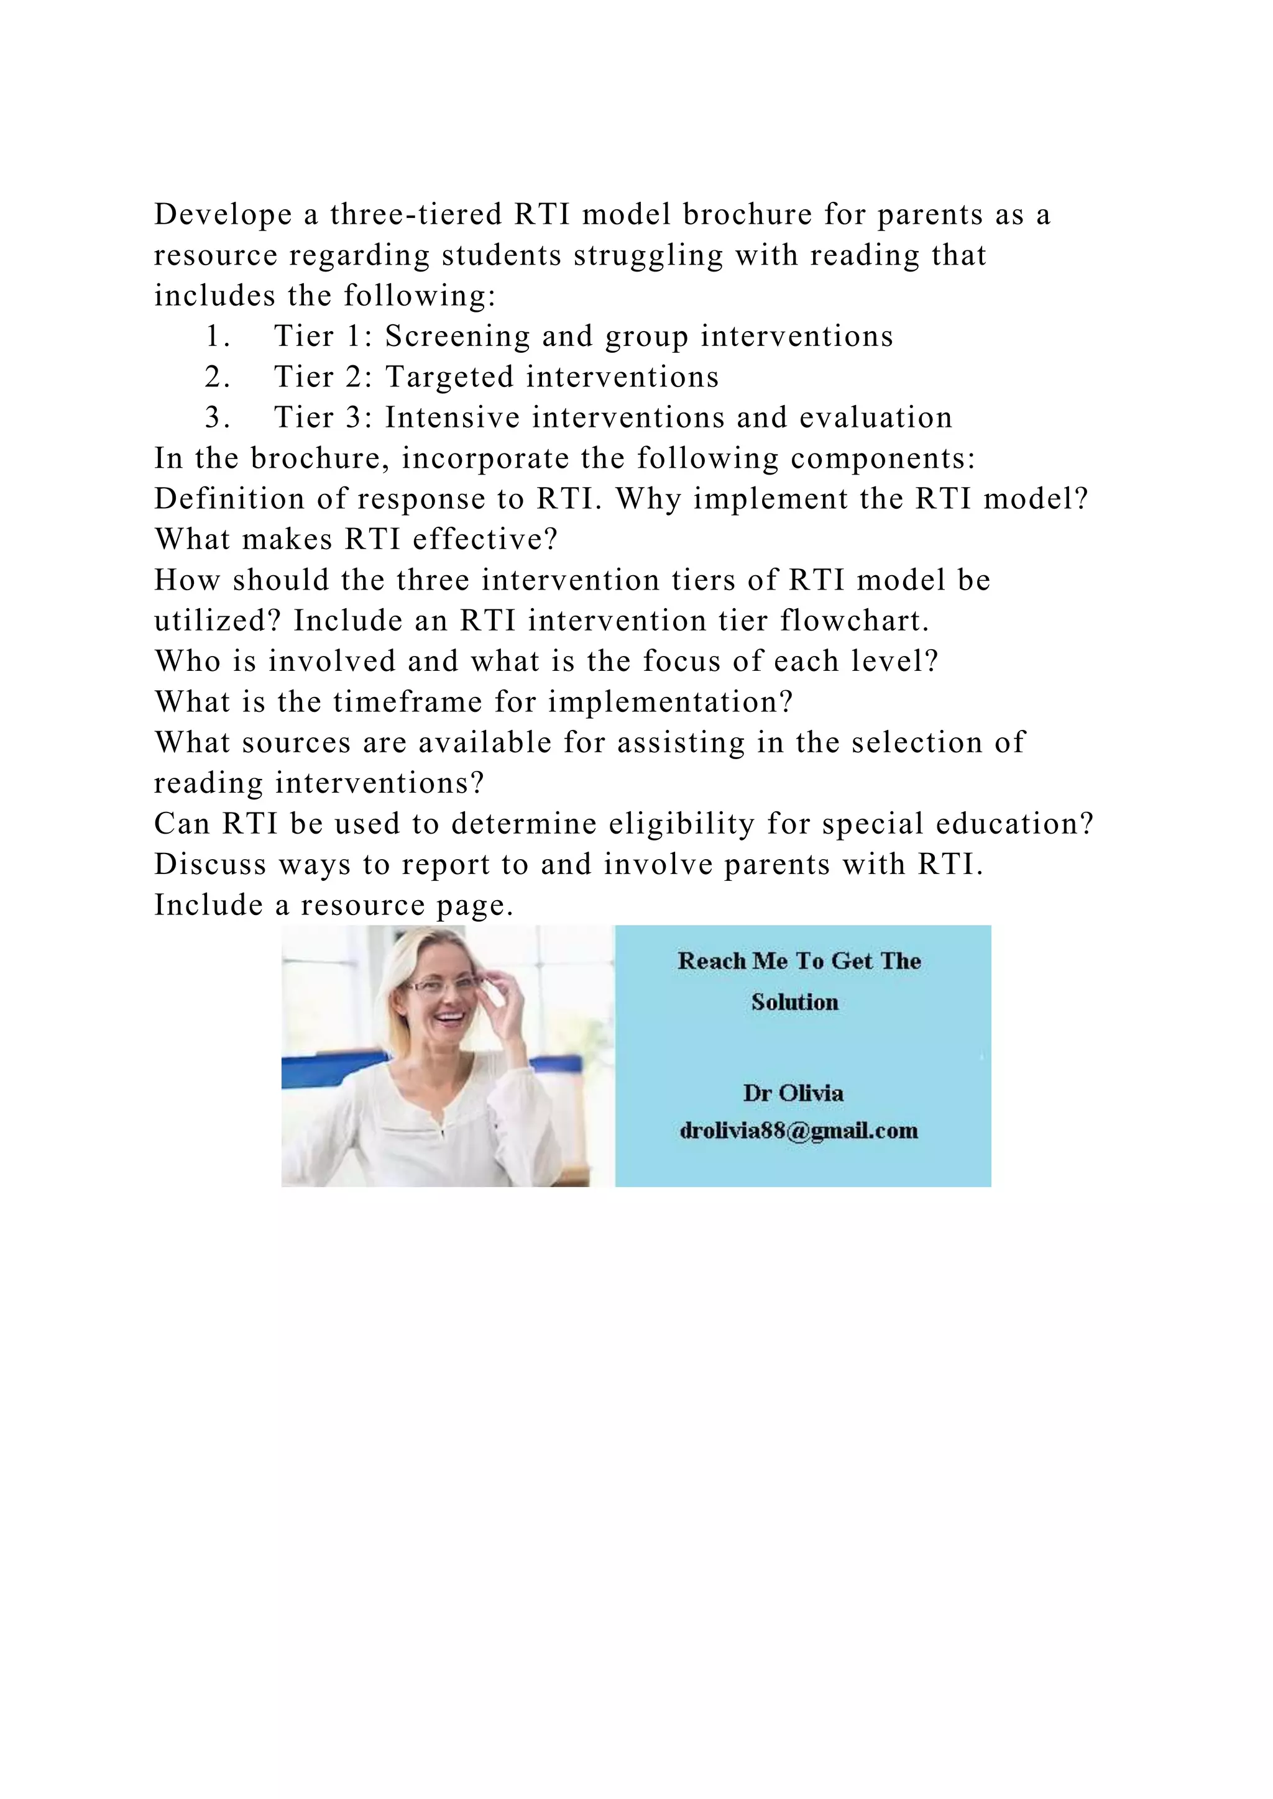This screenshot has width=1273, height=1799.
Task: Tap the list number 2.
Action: pos(216,378)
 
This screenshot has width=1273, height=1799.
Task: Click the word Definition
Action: pos(229,499)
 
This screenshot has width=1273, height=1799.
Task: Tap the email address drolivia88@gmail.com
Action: pos(799,1131)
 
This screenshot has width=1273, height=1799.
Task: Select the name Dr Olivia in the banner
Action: pos(793,1093)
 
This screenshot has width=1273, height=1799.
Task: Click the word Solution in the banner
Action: pos(795,1002)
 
